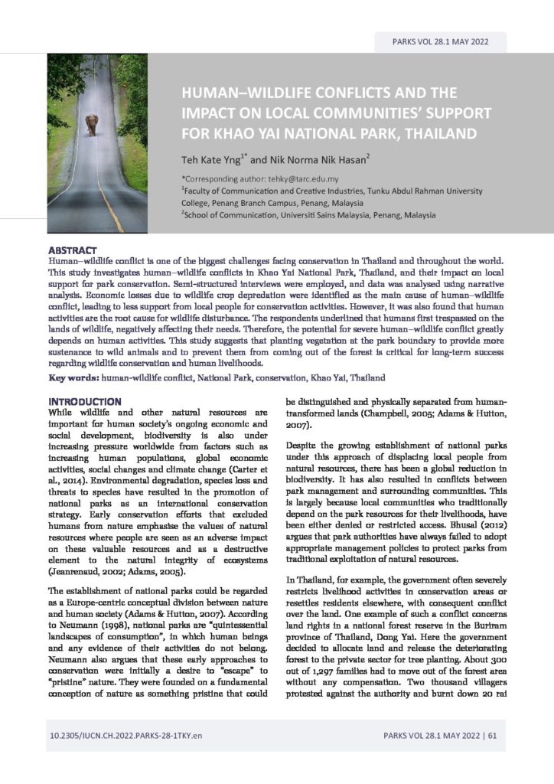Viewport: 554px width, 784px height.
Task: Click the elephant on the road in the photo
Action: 92,124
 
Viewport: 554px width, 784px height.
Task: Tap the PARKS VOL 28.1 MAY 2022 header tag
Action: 440,41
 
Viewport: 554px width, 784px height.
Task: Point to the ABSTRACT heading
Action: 72,250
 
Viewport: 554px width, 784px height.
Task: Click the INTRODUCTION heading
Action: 84,401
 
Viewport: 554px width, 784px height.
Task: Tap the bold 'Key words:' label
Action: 73,378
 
